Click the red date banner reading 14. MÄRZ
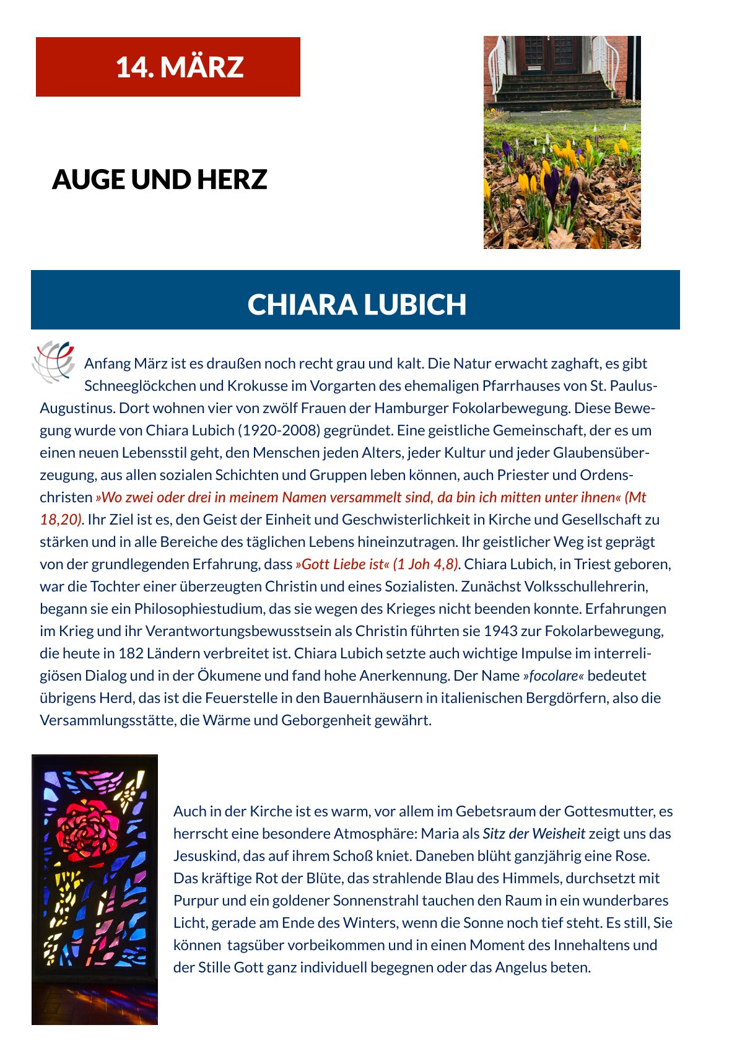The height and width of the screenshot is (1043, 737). coord(168,67)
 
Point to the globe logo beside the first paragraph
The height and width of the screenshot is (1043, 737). coord(53,361)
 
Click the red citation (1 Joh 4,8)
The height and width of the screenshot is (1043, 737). coord(426,564)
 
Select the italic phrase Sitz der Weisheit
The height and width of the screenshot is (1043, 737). coord(534,834)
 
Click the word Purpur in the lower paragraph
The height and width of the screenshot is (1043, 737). coord(193,901)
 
